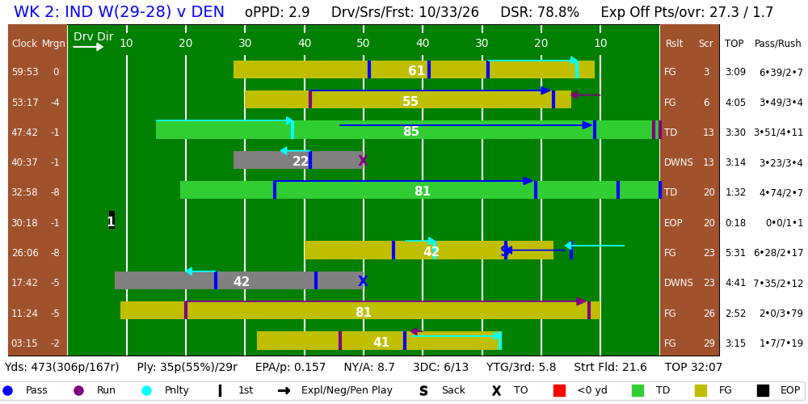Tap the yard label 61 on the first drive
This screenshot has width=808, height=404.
coord(416,71)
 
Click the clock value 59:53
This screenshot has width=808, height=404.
coord(25,72)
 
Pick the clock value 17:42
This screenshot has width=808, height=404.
coord(25,283)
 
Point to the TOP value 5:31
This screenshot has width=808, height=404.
coord(735,253)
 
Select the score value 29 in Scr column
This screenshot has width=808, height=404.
coord(705,343)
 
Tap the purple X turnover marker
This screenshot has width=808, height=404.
coord(363,161)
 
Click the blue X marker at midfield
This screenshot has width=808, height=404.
coord(363,281)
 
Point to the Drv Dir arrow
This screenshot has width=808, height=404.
coord(88,47)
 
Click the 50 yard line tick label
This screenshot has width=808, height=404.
coord(364,44)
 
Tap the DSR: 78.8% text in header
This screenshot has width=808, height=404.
coord(539,13)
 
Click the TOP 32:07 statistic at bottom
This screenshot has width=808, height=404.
coord(693,368)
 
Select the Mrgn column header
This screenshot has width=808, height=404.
coord(53,44)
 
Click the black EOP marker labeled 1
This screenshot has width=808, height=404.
coord(112,221)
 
